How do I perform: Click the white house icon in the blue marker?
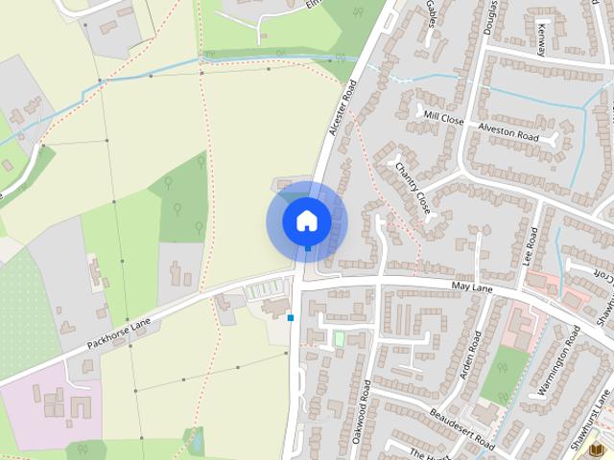pyautogui.click(x=306, y=220)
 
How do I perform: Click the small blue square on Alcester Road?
pyautogui.click(x=290, y=317)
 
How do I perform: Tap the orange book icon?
pyautogui.click(x=597, y=448)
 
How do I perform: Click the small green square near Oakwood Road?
pyautogui.click(x=338, y=338)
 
